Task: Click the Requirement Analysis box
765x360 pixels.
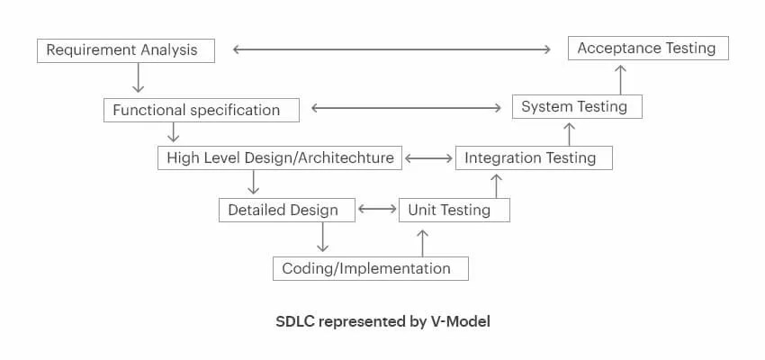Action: (x=126, y=50)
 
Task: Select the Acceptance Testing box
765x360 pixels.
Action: (x=648, y=49)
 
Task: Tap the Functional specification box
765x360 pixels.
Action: (x=202, y=110)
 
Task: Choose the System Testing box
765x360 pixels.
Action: (x=577, y=106)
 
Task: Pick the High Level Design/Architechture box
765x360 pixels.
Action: (x=280, y=157)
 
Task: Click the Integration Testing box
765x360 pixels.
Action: (x=534, y=157)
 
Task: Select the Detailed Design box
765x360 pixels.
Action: (x=287, y=211)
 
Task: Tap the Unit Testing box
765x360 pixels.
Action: (x=454, y=211)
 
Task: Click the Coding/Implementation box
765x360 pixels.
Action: (x=370, y=268)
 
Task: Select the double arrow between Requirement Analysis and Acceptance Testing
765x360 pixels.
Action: (x=391, y=49)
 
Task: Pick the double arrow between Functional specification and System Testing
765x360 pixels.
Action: (x=407, y=108)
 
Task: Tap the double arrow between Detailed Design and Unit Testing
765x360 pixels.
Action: (x=377, y=210)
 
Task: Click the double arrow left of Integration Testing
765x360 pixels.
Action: (x=428, y=158)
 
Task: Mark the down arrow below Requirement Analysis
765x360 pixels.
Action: (x=138, y=77)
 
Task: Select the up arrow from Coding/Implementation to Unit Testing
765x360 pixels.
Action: (x=422, y=243)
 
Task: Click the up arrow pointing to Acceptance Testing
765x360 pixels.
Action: (x=621, y=79)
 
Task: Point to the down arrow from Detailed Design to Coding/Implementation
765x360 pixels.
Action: (x=322, y=238)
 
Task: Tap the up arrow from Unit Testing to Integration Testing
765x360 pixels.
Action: (x=496, y=186)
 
